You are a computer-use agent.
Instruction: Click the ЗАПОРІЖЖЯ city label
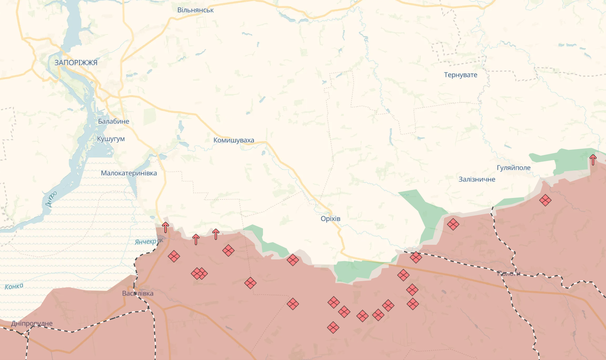[x=76, y=63]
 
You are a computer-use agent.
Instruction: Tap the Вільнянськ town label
[x=195, y=10]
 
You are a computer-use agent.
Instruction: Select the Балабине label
[x=114, y=122]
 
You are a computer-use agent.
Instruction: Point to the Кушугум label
[x=111, y=139]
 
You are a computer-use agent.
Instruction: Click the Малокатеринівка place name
[x=129, y=173]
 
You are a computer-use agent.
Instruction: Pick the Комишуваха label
[x=234, y=140]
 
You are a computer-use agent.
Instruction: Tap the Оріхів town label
[x=330, y=219]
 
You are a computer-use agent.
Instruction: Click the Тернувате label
[x=460, y=75]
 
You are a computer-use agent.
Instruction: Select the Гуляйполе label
[x=513, y=168]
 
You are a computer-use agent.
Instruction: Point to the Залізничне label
[x=477, y=179]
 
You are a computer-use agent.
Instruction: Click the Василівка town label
[x=138, y=293]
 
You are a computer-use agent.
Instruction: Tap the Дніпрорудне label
[x=32, y=323]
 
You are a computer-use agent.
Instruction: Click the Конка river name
[x=14, y=287]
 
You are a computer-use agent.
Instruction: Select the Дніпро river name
[x=51, y=199]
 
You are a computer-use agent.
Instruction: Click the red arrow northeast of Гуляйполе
[x=593, y=160]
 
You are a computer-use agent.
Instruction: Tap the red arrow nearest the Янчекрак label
[x=166, y=227]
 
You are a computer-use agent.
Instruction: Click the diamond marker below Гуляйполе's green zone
[x=545, y=200]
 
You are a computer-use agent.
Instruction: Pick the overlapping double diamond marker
[x=199, y=273]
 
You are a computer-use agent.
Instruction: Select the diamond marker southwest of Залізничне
[x=453, y=224]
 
